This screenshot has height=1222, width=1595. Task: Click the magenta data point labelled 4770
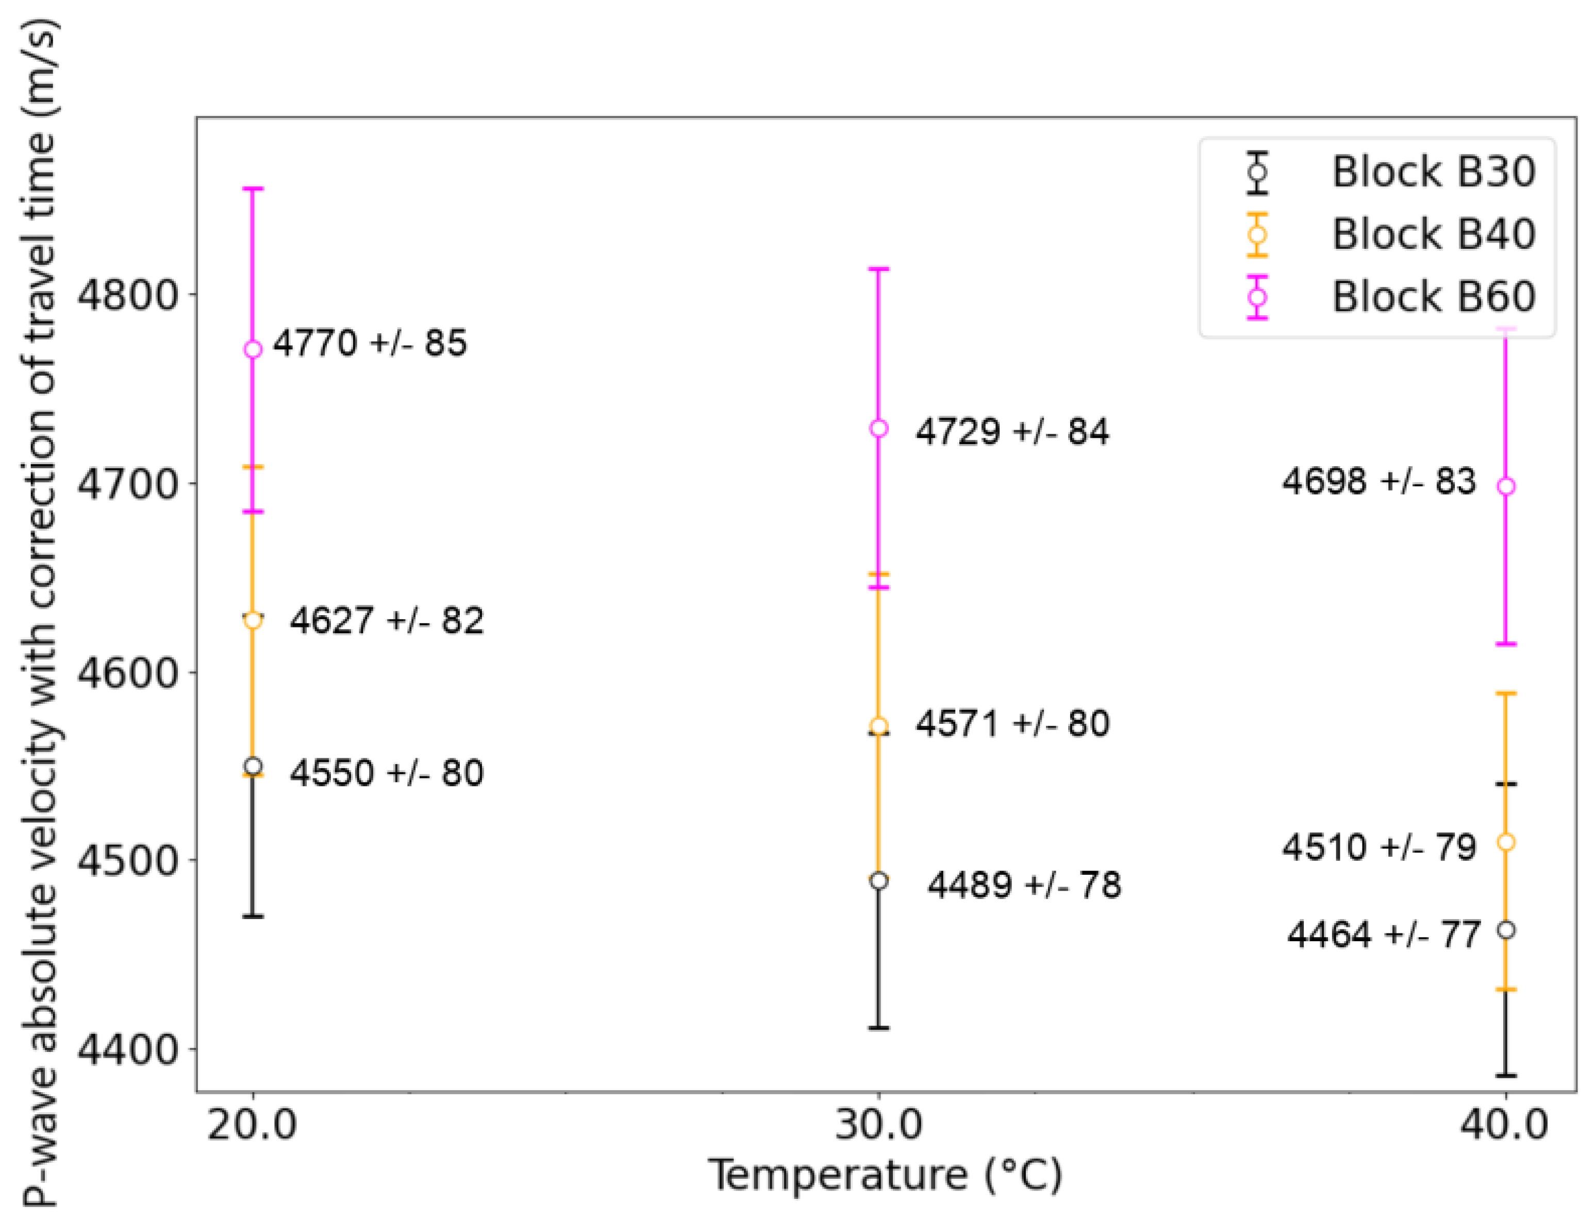coord(253,349)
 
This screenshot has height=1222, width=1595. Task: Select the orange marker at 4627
coord(253,620)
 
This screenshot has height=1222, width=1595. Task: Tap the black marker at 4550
coord(253,766)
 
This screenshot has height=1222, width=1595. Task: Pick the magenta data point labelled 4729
coord(879,429)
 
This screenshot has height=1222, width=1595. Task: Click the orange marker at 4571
coord(879,726)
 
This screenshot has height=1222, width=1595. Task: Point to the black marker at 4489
coord(879,881)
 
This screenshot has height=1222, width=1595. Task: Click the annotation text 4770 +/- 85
coord(370,343)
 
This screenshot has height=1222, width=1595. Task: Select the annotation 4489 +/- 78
coord(1024,885)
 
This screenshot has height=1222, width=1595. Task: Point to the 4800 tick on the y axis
coord(127,295)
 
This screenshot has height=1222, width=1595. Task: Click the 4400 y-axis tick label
coord(127,1049)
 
